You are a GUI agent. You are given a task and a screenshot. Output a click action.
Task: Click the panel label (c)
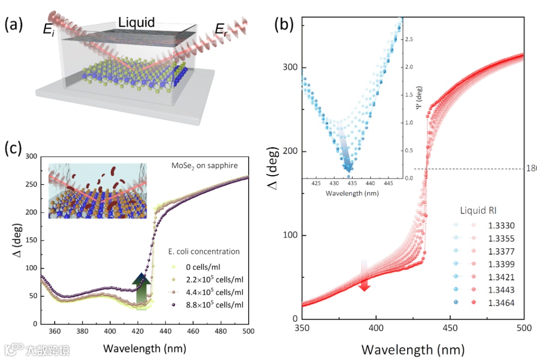[x=13, y=148]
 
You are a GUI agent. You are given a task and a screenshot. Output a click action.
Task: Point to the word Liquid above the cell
[x=136, y=22]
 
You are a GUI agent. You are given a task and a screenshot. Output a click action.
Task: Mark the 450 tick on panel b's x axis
[x=449, y=330]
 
